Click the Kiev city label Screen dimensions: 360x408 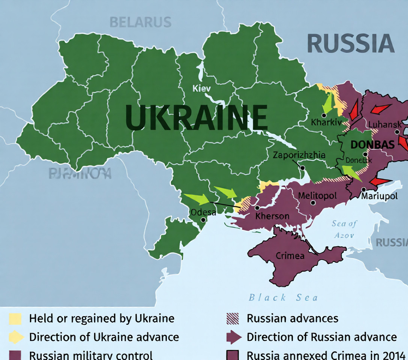click(201, 88)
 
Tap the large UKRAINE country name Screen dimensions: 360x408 click(196, 118)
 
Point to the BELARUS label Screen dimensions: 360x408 click(140, 22)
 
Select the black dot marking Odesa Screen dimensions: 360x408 click(203, 220)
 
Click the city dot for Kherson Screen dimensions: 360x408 click(257, 208)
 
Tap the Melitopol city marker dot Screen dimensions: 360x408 click(313, 202)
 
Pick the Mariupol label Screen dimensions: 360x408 click(379, 196)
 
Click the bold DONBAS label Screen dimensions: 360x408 click(372, 145)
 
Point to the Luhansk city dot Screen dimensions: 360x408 click(397, 132)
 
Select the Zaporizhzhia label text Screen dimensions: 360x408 click(299, 155)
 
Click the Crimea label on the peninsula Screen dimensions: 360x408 click(290, 256)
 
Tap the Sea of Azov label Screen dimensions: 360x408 click(344, 229)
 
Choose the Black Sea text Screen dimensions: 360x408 click(283, 298)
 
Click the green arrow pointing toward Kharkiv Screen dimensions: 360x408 click(327, 103)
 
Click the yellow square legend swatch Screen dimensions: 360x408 click(15, 319)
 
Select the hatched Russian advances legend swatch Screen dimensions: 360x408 click(233, 319)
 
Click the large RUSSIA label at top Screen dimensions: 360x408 click(351, 43)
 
